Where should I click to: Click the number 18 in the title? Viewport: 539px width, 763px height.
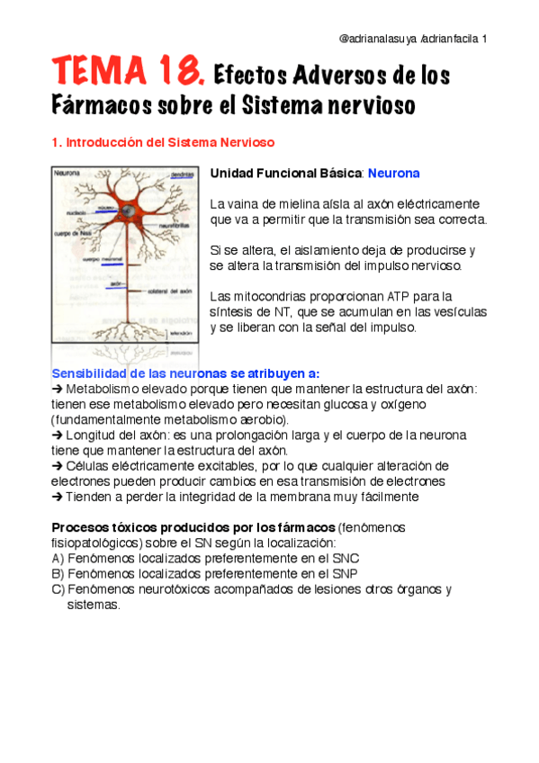(x=175, y=69)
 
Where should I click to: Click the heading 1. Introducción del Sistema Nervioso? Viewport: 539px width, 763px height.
(x=163, y=142)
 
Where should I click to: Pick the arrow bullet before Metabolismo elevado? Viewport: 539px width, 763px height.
(x=58, y=389)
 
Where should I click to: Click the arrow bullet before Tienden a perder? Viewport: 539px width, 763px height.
(x=58, y=496)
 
